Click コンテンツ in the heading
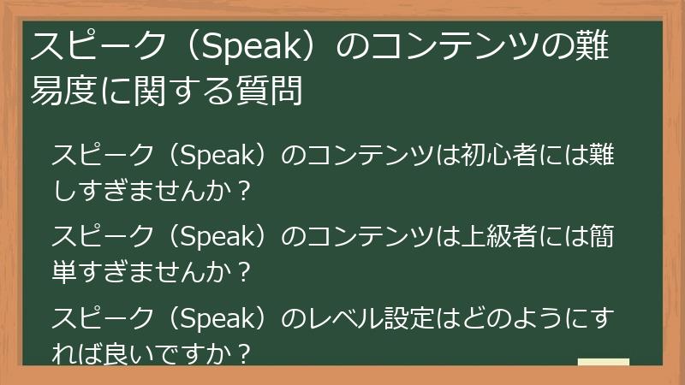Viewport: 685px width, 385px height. click(441, 48)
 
